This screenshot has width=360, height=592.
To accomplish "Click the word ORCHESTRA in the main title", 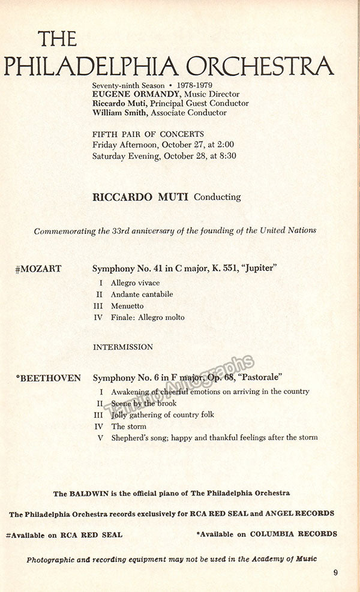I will pos(260,65).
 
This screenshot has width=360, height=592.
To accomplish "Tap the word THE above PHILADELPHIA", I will pos(58,38).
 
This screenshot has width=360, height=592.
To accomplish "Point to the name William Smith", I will pos(118,112).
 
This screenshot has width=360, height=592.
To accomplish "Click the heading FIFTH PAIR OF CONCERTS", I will pos(148,134).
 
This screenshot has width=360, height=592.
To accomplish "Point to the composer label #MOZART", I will pos(38,269).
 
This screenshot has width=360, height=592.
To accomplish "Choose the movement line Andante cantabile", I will pos(142,295).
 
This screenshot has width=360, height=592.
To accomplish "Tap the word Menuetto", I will pos(127,306).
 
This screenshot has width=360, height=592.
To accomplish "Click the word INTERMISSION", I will pos(123,347).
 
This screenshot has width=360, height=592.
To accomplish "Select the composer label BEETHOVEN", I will pos(50,378).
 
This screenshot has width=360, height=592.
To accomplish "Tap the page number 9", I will pos(336,572).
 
